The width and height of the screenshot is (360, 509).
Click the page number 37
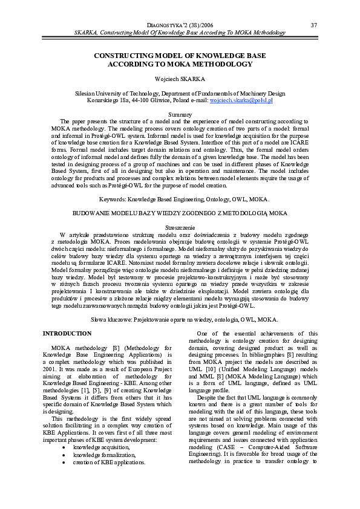313,25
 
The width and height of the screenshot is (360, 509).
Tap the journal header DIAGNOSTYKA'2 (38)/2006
179,25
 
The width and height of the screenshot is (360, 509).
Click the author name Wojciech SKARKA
179,79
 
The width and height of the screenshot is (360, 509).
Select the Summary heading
179,114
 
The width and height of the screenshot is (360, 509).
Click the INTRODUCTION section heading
67,333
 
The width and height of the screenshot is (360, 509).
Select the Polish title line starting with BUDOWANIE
179,213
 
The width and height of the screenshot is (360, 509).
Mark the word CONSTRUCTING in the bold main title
120,55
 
